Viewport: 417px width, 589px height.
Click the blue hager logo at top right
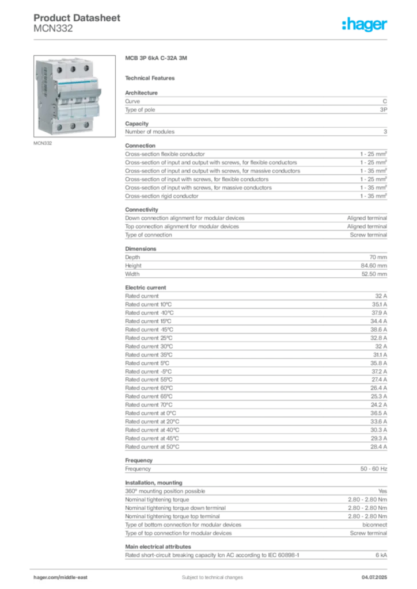pyautogui.click(x=365, y=25)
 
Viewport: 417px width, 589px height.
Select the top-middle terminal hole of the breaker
pyautogui.click(x=73, y=68)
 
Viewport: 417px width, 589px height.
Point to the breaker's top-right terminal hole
pyautogui.click(x=86, y=68)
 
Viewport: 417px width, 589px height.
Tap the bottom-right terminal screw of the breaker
pyautogui.click(x=87, y=124)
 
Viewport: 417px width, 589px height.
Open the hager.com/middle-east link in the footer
pyautogui.click(x=64, y=577)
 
